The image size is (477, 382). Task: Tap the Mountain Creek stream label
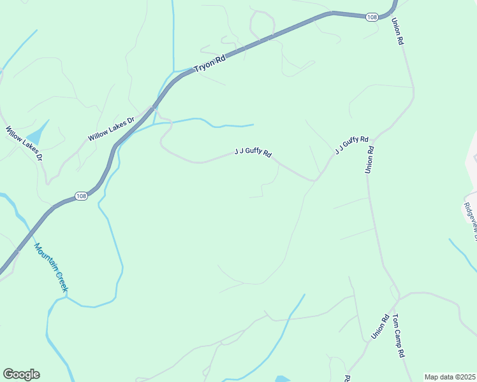(x=51, y=268)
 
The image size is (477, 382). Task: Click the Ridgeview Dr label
(x=471, y=220)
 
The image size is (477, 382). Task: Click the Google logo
(x=21, y=374)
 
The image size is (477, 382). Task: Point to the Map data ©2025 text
(x=450, y=377)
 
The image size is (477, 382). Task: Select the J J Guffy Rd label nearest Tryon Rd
(x=253, y=153)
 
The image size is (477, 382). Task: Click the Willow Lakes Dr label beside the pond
(x=24, y=143)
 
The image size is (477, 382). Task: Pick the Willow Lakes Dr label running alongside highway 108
(x=112, y=129)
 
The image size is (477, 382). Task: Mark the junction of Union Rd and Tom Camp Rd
(x=398, y=298)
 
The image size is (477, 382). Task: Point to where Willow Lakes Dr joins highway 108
(x=152, y=109)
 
